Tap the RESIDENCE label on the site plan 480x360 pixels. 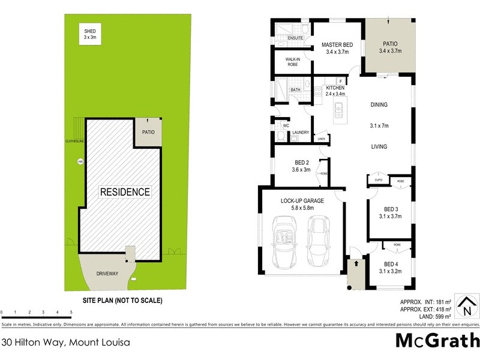[x=125, y=192]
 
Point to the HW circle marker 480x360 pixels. [x=79, y=161]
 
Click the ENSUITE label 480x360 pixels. [x=295, y=38]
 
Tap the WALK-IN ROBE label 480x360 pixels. [x=293, y=62]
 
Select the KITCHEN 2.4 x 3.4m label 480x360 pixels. [x=335, y=91]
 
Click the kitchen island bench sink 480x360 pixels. [x=340, y=109]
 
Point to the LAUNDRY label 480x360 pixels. [x=300, y=133]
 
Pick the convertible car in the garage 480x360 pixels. [x=283, y=242]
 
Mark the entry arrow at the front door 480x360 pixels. [x=355, y=262]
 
